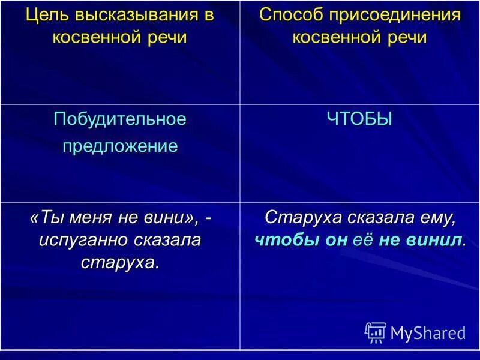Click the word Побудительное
(x=120, y=119)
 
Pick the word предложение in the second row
(x=120, y=146)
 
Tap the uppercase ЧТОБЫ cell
(x=359, y=119)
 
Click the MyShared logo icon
(x=375, y=332)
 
